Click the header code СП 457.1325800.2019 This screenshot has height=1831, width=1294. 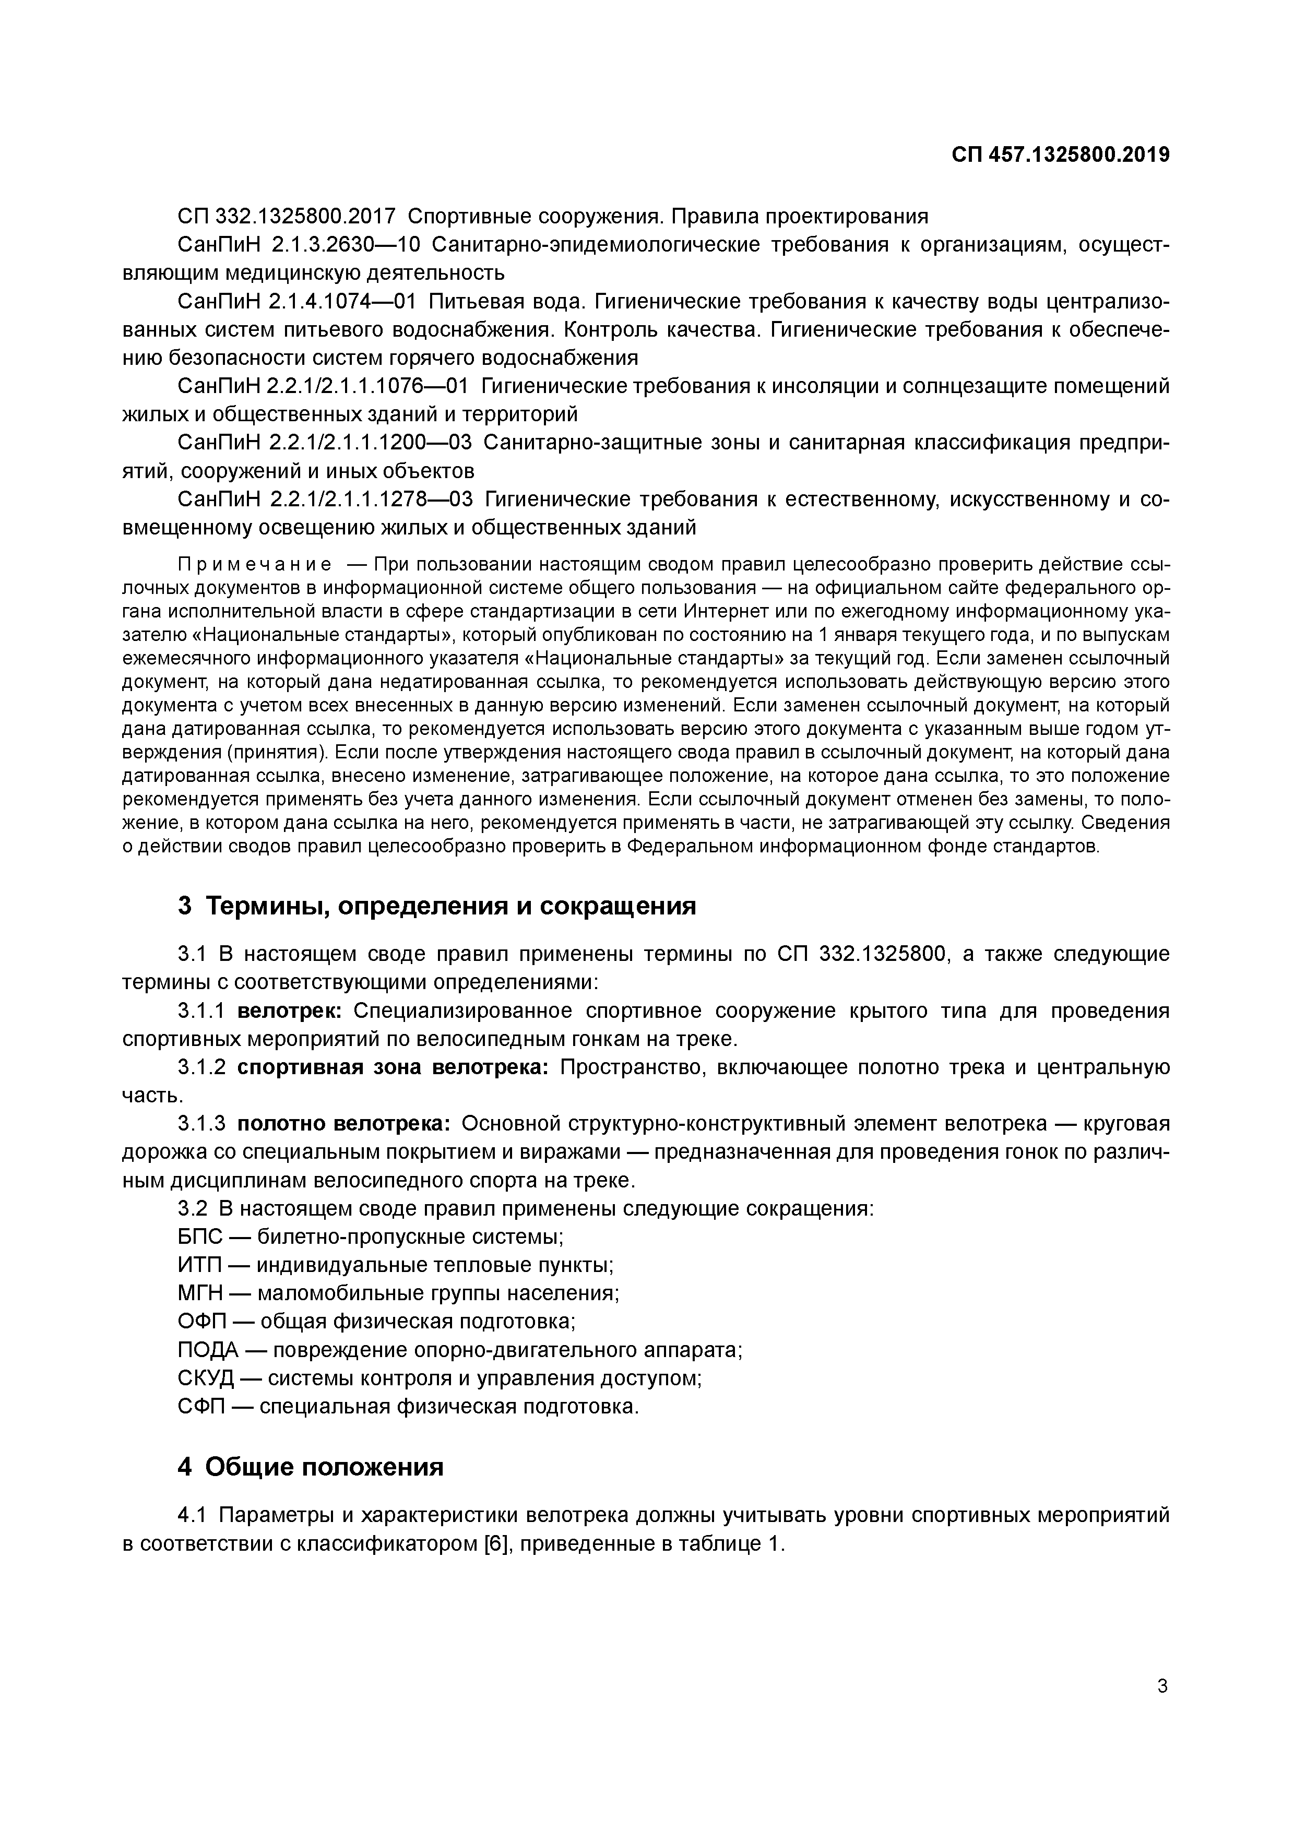[1060, 154]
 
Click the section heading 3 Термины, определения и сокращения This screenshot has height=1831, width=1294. [437, 906]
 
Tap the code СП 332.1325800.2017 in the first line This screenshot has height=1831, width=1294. [286, 216]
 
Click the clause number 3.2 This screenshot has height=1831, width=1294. [192, 1209]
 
